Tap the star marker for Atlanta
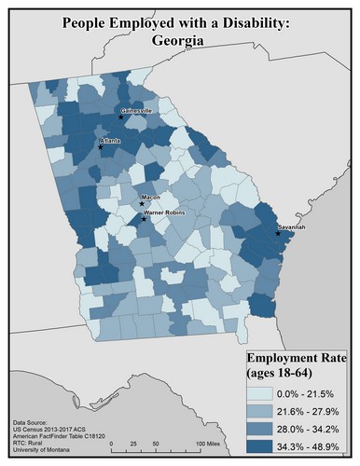tap(102, 145)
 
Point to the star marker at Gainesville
tap(121, 117)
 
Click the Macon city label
tap(149, 198)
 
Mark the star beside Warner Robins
tap(142, 219)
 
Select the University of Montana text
tap(43, 454)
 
